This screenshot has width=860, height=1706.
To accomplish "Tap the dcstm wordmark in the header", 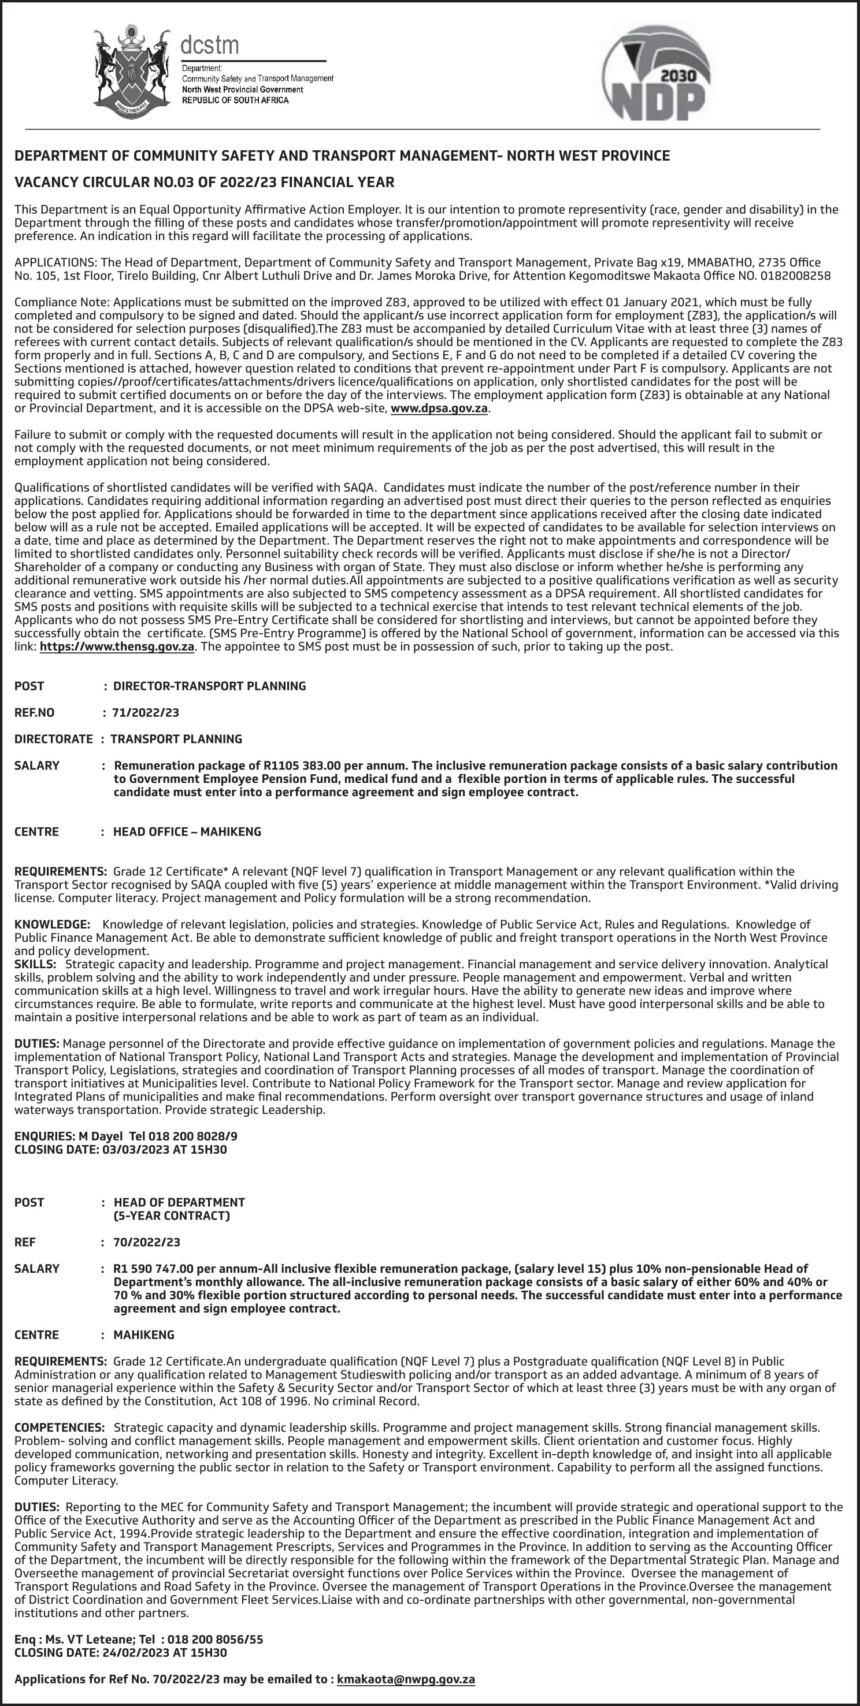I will [x=209, y=45].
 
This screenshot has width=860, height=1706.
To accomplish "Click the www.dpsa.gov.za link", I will [x=439, y=408].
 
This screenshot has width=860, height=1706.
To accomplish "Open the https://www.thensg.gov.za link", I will [x=117, y=646].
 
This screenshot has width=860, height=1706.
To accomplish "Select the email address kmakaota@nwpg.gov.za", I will [x=406, y=1679].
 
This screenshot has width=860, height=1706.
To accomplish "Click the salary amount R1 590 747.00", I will [x=153, y=1269].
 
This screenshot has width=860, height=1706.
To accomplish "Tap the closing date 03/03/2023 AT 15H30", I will [x=164, y=1150].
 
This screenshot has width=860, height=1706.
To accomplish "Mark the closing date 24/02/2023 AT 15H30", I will [x=164, y=1652].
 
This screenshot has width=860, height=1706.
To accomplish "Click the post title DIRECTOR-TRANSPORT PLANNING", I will [x=209, y=686].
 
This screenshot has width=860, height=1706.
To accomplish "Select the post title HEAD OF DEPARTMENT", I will [x=180, y=1203].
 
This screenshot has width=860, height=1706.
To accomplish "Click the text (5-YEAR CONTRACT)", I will [x=172, y=1216].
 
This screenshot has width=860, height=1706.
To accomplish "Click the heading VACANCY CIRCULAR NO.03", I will [x=205, y=182].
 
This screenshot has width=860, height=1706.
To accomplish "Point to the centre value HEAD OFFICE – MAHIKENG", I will [x=187, y=832].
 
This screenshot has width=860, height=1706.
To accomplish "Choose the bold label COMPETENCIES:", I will [x=60, y=1428].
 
